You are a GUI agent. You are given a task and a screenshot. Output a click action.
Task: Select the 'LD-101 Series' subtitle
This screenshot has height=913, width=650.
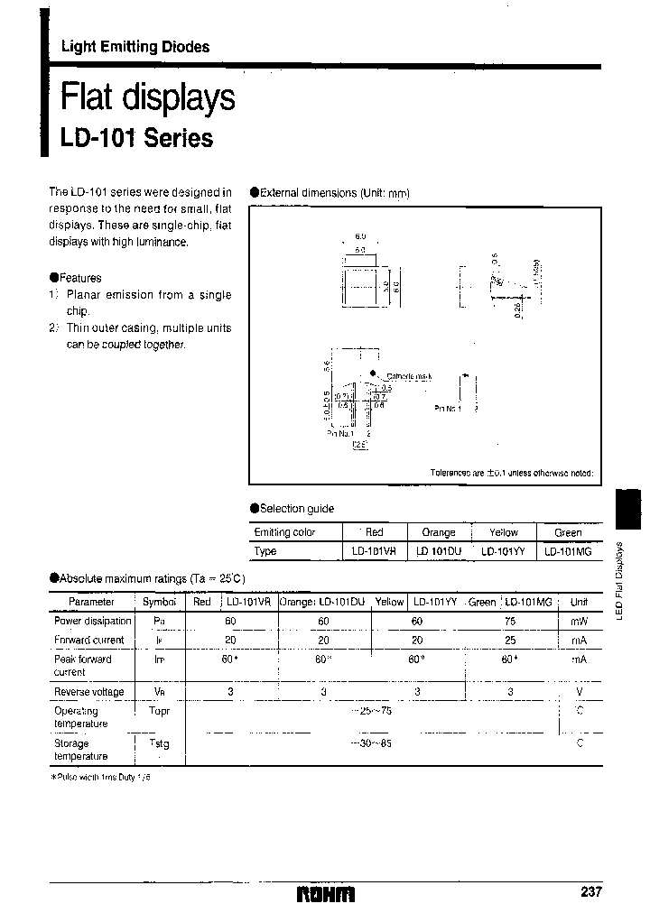pos(136,139)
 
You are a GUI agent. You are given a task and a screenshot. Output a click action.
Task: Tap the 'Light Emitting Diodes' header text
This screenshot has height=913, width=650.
pos(135,47)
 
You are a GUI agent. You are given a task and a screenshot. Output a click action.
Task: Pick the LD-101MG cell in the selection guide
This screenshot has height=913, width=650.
pos(568,551)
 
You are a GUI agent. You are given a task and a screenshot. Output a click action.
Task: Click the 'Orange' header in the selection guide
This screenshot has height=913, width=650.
pos(438,532)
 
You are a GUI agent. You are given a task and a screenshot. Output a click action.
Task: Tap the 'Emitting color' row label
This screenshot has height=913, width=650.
pos(284,532)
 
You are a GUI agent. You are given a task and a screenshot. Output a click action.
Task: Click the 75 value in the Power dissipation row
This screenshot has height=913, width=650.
pos(510,621)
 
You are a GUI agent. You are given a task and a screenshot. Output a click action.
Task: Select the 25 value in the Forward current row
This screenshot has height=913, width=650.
pos(510,640)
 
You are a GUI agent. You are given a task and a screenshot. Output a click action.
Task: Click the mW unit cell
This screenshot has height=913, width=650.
pos(579,621)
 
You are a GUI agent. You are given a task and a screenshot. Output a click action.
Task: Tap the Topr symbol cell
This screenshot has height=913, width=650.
pos(159,711)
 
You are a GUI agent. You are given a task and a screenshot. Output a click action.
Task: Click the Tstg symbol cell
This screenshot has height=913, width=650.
pos(159,743)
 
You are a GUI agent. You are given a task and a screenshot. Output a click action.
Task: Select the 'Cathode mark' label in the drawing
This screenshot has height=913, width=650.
pos(410,376)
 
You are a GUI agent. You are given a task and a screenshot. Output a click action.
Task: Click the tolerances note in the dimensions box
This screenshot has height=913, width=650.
pos(512,473)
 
